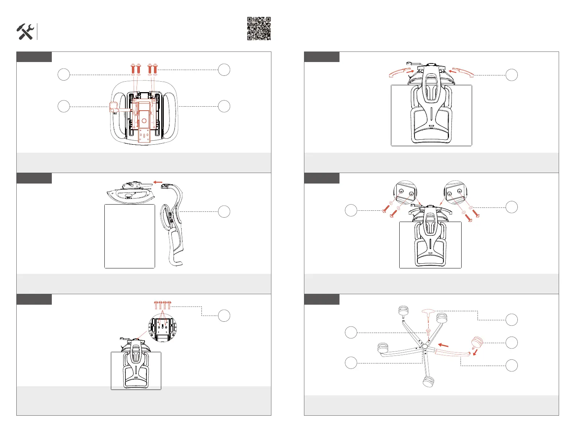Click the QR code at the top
point(259,28)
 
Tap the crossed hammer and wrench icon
point(25,32)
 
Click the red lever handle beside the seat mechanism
point(114,107)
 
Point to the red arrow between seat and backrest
point(158,182)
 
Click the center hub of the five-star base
point(425,347)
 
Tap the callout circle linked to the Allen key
point(511,320)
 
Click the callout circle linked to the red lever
point(64,107)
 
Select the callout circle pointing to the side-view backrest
point(224,211)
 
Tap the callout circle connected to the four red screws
point(224,316)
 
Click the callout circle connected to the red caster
point(511,342)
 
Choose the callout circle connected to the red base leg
point(511,365)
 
